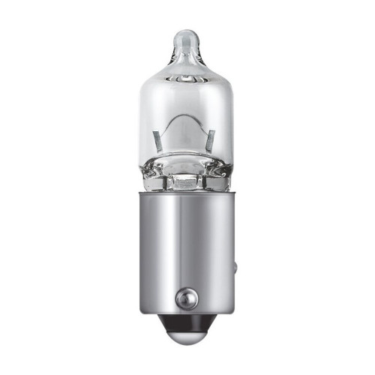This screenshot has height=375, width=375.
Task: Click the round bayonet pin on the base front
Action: pyautogui.click(x=184, y=298)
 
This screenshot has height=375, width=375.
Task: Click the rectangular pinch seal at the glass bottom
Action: pyautogui.click(x=186, y=181)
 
